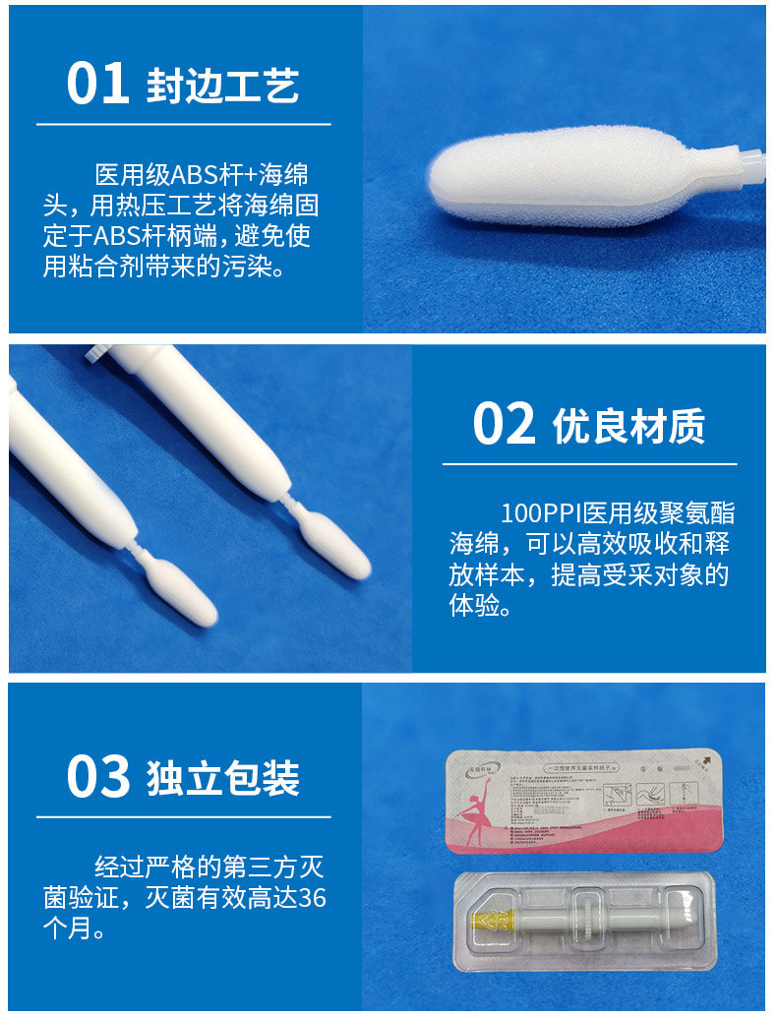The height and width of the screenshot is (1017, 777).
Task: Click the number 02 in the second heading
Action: point(504,424)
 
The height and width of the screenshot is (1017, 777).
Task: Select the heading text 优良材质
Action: point(628,426)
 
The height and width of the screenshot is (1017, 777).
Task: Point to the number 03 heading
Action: point(97,776)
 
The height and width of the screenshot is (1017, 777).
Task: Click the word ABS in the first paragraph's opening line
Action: point(199,177)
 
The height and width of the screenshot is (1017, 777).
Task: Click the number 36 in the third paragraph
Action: point(312,897)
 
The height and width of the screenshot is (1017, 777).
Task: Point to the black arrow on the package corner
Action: point(706,760)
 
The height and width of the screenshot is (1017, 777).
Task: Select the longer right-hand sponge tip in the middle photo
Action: point(335,548)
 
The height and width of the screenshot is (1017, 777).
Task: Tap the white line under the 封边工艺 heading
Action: point(184,125)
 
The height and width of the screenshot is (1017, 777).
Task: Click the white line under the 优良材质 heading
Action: point(589,463)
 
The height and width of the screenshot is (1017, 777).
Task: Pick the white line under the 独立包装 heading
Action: point(184,816)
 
